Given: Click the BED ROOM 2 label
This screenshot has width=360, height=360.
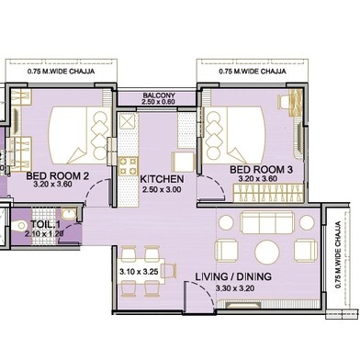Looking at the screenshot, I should pyautogui.click(x=57, y=175).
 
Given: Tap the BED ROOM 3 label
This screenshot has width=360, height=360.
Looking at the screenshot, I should pyautogui.click(x=260, y=171).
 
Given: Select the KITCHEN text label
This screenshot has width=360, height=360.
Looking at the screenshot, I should pyautogui.click(x=163, y=179).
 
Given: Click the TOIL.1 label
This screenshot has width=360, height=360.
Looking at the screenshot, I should pyautogui.click(x=45, y=223).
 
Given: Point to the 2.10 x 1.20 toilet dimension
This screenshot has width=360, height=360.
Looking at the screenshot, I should pyautogui.click(x=46, y=233).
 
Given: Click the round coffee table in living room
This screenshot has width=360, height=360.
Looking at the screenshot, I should pyautogui.click(x=267, y=251).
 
